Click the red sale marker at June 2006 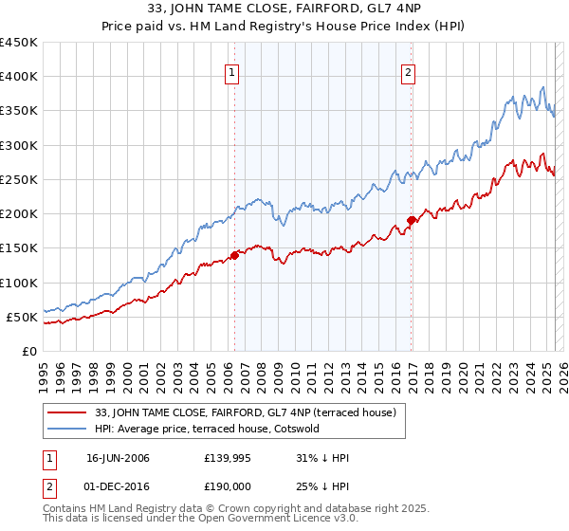(234, 254)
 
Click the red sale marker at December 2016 (411, 220)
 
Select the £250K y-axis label (19, 179)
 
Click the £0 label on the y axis (28, 351)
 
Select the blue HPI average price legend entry (208, 429)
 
